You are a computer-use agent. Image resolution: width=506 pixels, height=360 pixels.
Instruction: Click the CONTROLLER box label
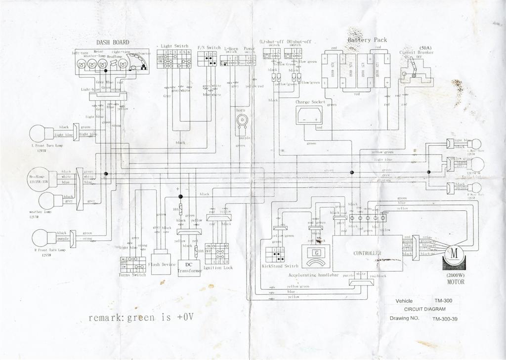[367, 253]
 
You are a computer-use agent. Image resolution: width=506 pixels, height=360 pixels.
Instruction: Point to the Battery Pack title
[367, 40]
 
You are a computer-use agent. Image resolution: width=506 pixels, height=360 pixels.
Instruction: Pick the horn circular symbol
[242, 120]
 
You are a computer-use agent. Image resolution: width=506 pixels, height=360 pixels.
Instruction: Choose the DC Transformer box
[189, 267]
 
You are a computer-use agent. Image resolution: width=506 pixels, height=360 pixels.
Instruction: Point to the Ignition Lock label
[218, 268]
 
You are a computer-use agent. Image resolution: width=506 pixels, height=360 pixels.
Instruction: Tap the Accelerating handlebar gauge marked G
[317, 252]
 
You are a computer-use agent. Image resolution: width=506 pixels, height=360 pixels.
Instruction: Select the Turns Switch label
[132, 275]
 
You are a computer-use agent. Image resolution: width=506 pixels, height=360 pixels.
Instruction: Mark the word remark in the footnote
[104, 318]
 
